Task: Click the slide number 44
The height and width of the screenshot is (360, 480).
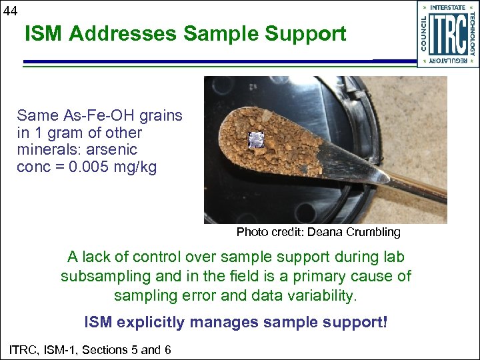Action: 10,10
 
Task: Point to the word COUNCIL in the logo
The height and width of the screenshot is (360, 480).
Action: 424,33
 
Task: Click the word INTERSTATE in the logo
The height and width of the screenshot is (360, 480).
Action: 448,7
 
